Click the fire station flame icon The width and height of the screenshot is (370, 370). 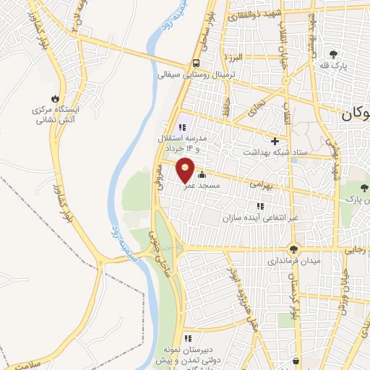(56, 98)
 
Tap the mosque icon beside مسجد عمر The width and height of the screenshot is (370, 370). (202, 174)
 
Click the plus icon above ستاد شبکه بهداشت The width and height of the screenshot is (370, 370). (274, 141)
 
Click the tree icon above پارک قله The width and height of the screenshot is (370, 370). (333, 53)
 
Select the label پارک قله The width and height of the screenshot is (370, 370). (335, 66)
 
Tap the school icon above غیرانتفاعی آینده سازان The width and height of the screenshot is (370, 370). (260, 205)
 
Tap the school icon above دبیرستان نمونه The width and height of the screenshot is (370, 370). (187, 337)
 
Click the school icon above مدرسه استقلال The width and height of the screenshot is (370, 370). (184, 127)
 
